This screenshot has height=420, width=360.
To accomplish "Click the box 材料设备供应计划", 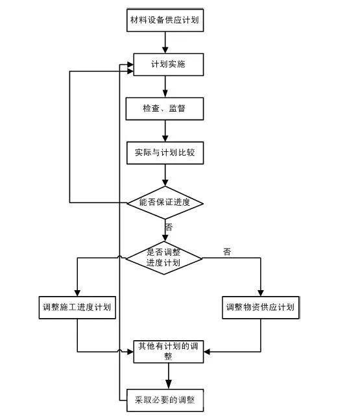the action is tap(165, 20).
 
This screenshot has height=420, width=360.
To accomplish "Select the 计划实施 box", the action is tap(169, 64).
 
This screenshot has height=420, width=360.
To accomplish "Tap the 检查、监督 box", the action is tap(165, 109).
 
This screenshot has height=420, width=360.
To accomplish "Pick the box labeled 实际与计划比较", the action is tap(165, 153).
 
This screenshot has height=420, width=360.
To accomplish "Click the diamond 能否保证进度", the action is tap(165, 203).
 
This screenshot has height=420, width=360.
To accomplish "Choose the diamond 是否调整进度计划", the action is tap(164, 258).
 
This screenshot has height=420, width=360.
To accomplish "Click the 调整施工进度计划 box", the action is tap(77, 308).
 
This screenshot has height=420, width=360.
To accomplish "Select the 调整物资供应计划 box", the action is tap(260, 308).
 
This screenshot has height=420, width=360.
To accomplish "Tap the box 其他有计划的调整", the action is tap(169, 352).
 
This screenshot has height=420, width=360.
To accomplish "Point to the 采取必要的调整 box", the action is tap(165, 400).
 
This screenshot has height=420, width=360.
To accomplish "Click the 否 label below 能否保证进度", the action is tap(169, 227).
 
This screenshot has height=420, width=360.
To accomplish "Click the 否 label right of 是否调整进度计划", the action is tap(227, 252).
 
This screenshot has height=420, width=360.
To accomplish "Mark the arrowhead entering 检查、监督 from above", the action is tap(165, 93).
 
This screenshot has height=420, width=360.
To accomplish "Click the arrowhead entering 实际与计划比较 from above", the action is tap(165, 138).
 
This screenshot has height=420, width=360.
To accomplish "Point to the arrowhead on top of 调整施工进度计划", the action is tap(77, 293).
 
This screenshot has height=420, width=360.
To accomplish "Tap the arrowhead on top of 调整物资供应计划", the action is tap(261, 293).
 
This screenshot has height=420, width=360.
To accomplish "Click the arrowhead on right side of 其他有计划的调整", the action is tap(207, 352).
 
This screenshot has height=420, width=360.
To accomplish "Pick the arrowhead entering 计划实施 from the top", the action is tap(165, 49).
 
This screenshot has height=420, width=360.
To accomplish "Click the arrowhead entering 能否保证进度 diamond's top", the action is tap(165, 182).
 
